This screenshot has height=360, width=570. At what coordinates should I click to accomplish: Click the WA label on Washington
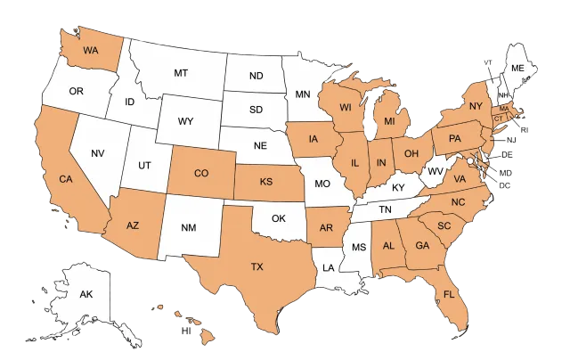coord(91,50)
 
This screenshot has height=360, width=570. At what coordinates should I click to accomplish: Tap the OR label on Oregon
coord(77,91)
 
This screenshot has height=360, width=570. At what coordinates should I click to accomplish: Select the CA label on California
coord(65,179)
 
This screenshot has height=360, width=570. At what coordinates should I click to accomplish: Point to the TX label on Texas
coord(256,266)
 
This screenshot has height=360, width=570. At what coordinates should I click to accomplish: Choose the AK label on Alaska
coord(86,295)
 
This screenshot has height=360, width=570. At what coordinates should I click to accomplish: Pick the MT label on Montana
coord(181,71)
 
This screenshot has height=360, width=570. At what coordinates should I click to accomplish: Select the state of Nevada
coord(99,153)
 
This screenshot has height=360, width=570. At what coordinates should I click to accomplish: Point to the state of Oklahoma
coord(279,217)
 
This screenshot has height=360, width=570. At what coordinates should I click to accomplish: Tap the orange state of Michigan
coord(389,120)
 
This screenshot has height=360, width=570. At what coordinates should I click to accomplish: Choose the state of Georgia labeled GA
coord(423,245)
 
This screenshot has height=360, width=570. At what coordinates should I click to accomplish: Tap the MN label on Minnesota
coord(303,93)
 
